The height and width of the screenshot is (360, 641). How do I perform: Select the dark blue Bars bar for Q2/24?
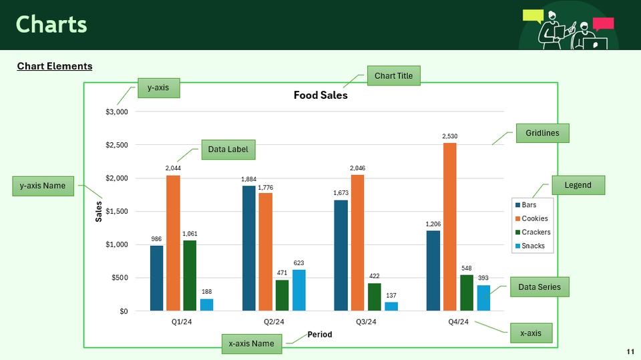[x=249, y=248]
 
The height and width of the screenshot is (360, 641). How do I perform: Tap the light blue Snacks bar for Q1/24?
[x=207, y=305]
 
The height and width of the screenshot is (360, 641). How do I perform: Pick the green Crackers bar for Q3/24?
[x=375, y=297]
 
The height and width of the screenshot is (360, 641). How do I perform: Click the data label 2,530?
[x=449, y=136]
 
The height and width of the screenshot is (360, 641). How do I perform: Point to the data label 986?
[x=156, y=238]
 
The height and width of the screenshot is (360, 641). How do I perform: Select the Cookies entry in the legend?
[x=534, y=218]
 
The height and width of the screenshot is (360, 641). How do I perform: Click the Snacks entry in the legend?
[x=533, y=246]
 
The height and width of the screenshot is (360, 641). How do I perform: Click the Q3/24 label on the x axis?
[x=366, y=322]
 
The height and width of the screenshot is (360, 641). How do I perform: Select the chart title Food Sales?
[x=320, y=96]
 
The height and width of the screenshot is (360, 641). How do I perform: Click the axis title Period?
[x=319, y=335]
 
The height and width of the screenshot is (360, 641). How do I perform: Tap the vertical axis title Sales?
[x=99, y=211]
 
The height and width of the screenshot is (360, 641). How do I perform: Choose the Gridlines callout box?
[x=542, y=132]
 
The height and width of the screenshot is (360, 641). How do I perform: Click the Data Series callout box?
[x=540, y=288]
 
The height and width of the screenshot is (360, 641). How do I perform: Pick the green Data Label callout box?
[x=228, y=150]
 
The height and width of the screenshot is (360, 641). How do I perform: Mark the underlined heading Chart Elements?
[x=55, y=66]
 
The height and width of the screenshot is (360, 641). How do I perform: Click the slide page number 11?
[x=630, y=351]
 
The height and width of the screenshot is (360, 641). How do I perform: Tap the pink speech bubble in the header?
[x=603, y=23]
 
